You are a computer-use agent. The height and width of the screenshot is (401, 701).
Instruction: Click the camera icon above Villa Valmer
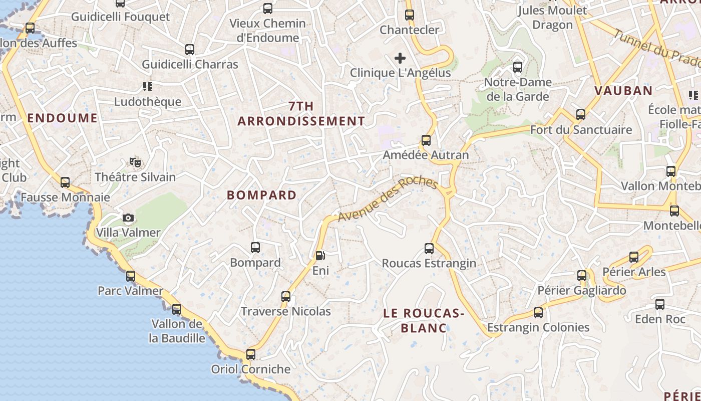[128, 218]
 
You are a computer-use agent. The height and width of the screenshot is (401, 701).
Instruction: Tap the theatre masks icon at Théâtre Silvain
[135, 162]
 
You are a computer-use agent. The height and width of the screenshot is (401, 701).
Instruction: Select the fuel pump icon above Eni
[320, 256]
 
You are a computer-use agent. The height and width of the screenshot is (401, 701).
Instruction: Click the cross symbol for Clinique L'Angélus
[400, 58]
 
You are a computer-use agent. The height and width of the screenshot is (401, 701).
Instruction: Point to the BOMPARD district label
[262, 195]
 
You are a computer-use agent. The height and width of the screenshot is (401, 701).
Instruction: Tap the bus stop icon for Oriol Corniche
[251, 354]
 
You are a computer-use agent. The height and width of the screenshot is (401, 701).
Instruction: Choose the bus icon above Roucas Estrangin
[429, 248]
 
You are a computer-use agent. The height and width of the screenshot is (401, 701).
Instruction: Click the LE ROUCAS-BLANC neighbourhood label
[424, 321]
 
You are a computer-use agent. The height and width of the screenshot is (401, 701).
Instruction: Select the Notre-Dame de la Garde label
[518, 89]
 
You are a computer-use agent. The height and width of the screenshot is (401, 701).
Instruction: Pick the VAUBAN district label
[623, 91]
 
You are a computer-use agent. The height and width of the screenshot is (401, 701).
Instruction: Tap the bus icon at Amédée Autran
[426, 140]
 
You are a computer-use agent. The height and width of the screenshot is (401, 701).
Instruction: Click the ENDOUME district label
[63, 118]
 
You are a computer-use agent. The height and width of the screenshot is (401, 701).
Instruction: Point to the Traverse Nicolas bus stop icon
[286, 297]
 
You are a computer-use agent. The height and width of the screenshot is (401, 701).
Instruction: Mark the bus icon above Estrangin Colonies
[538, 313]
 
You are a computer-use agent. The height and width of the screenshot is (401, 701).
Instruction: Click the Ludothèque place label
[148, 102]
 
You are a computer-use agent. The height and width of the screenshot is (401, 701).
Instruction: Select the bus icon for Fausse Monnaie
[65, 182]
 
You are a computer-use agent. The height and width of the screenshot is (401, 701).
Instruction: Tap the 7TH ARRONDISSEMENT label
[301, 114]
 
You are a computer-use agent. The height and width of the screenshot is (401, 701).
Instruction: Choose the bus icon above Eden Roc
[660, 304]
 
